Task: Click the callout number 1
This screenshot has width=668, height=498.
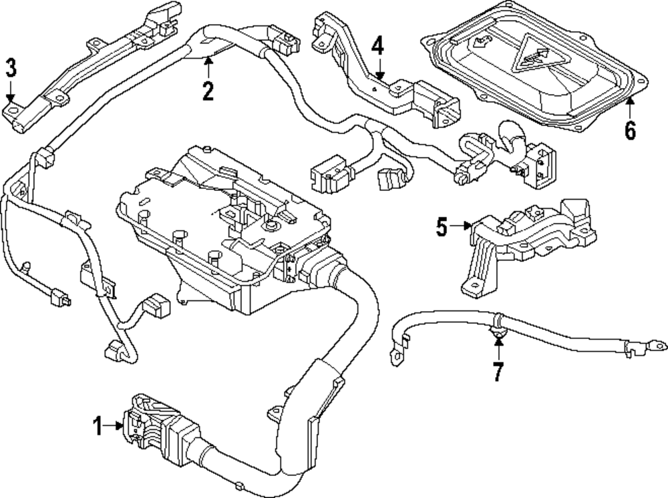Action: click(x=98, y=426)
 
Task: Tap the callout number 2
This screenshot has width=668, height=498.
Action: click(x=208, y=91)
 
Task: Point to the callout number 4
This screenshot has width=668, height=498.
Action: click(x=378, y=47)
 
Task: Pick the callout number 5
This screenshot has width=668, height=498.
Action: click(x=442, y=227)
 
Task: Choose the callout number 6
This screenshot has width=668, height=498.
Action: click(x=630, y=130)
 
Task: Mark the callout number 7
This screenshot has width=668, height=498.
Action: click(x=498, y=371)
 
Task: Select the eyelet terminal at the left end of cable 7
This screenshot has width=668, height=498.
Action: click(x=397, y=355)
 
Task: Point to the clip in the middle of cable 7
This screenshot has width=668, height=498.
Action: click(x=498, y=329)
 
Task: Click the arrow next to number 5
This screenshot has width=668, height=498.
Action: click(x=462, y=226)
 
